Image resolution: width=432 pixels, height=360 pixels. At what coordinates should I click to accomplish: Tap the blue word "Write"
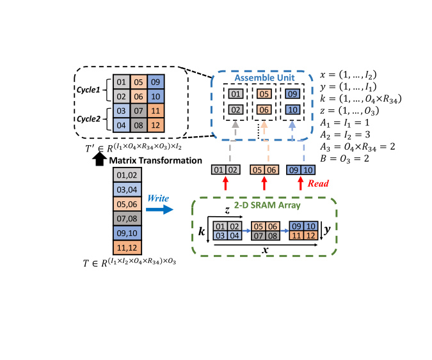[159, 198]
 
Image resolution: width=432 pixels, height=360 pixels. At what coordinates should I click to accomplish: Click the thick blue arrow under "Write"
[161, 208]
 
